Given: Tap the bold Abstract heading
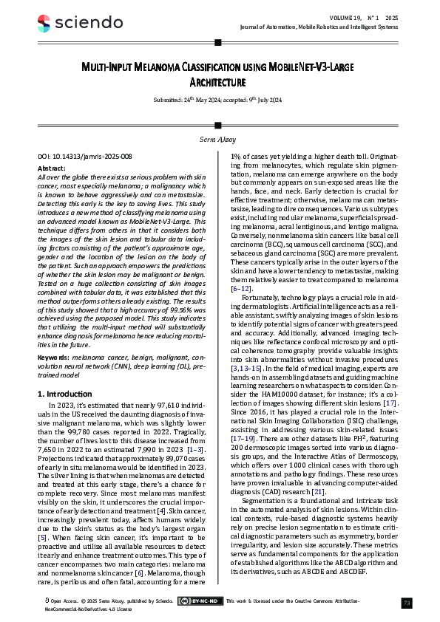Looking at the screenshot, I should (51, 168).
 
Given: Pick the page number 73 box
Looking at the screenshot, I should (406, 602).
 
